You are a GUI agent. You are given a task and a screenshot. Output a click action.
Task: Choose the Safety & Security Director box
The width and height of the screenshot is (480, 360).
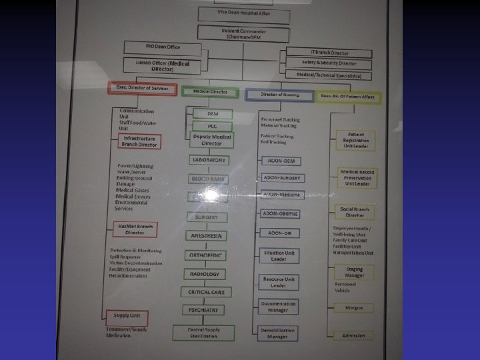(329, 64)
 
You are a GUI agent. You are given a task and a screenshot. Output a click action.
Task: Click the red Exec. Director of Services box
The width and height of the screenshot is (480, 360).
(143, 89)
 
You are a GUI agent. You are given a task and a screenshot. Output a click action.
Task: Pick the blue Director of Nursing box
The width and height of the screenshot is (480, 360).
(279, 95)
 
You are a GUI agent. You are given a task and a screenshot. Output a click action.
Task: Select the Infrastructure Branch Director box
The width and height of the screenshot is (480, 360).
(140, 141)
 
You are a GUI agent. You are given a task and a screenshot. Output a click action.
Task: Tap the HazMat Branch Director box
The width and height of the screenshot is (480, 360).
(135, 229)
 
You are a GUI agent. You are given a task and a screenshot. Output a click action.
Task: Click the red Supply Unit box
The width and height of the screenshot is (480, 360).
(127, 317)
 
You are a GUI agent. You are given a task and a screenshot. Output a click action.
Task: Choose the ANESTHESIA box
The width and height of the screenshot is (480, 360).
(207, 236)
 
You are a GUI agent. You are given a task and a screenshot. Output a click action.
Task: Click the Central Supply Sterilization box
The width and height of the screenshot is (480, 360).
(204, 332)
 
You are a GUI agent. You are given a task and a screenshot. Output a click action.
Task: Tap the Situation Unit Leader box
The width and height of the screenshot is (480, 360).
(279, 256)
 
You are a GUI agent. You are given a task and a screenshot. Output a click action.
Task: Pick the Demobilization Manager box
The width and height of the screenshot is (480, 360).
(278, 333)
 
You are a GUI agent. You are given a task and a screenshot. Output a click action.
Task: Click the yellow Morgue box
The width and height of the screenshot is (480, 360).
(354, 309)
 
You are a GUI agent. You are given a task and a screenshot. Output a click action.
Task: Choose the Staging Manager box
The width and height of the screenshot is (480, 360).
(355, 272)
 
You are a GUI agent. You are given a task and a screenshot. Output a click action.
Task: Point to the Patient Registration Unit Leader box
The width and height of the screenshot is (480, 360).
(355, 141)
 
